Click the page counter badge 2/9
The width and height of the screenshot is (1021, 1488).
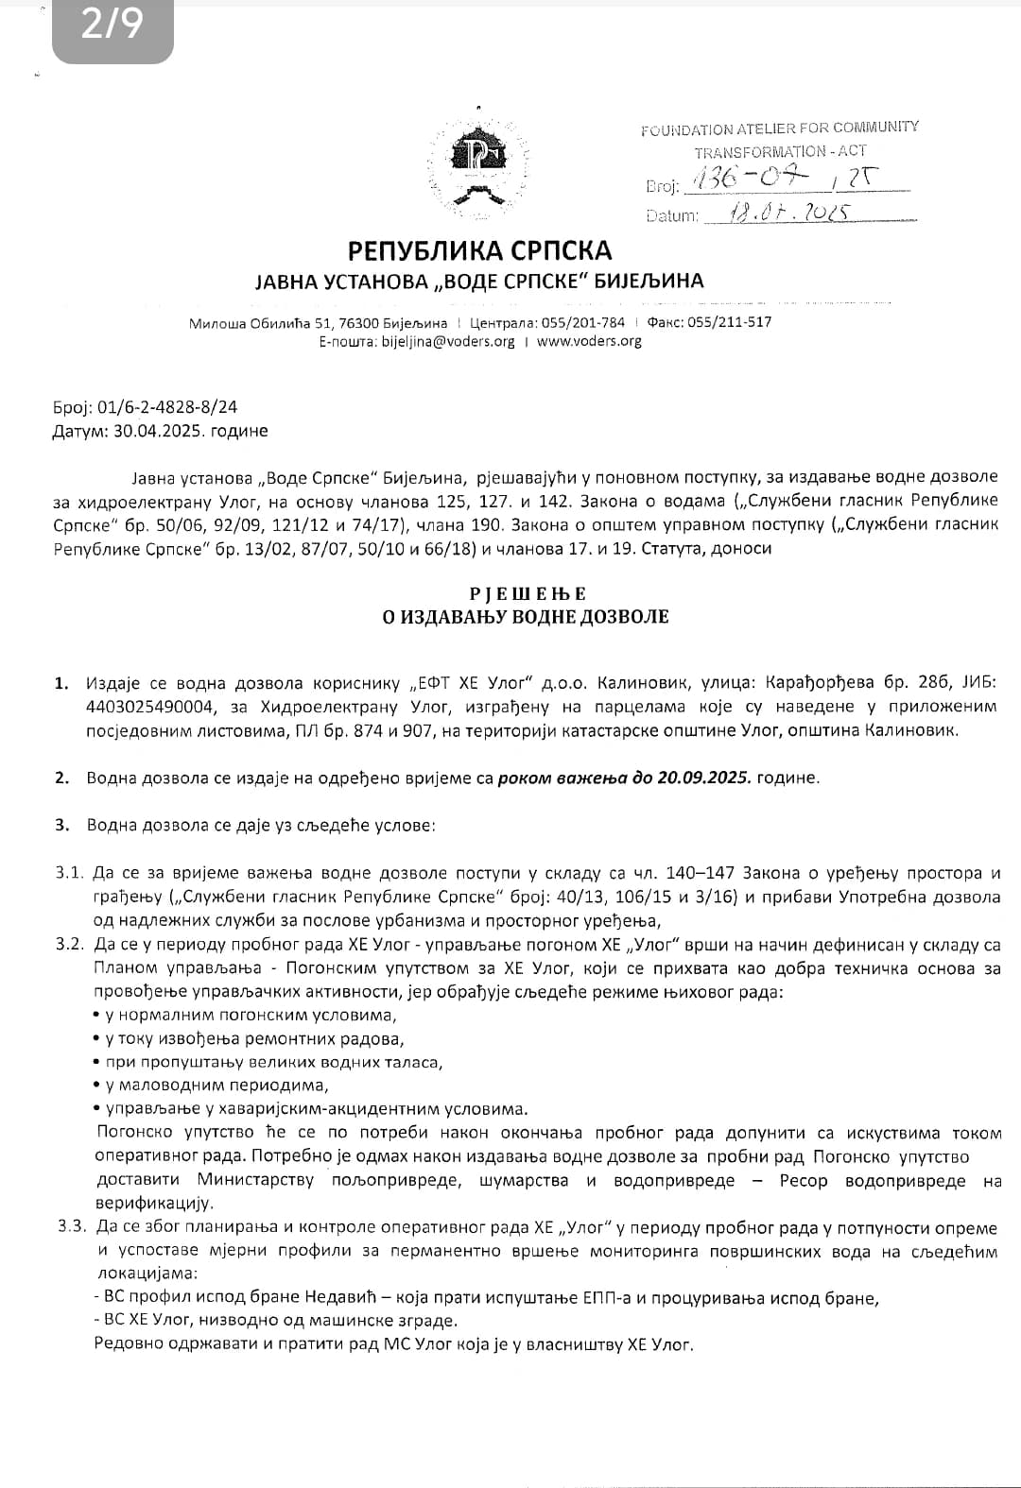coord(112,26)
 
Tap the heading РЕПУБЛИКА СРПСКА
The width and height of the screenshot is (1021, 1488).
coord(479,250)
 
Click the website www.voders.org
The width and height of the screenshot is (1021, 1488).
coord(589,341)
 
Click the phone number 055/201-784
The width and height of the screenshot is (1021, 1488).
coord(582,322)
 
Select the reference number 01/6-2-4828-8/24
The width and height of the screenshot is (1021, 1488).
coord(166,407)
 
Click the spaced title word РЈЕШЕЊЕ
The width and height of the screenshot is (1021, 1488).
coord(528,593)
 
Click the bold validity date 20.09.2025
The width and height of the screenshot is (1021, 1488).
coord(702,778)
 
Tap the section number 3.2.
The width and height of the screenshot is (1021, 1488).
coord(70,944)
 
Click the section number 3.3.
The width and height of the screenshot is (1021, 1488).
coord(70,1227)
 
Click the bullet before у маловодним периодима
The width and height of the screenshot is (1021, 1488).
coord(97,1086)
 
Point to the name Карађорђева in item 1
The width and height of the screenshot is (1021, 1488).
coord(822,682)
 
